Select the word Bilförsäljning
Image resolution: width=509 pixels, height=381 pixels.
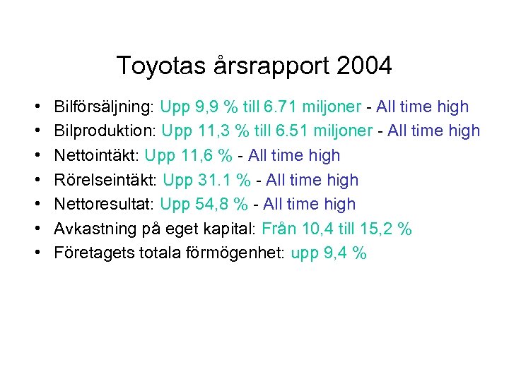click(104, 107)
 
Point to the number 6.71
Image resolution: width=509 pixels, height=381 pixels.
click(281, 107)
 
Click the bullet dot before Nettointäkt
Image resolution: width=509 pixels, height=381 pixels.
click(35, 156)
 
